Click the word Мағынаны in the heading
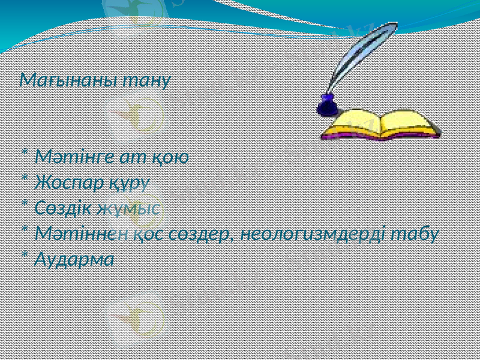[x=68, y=80]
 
